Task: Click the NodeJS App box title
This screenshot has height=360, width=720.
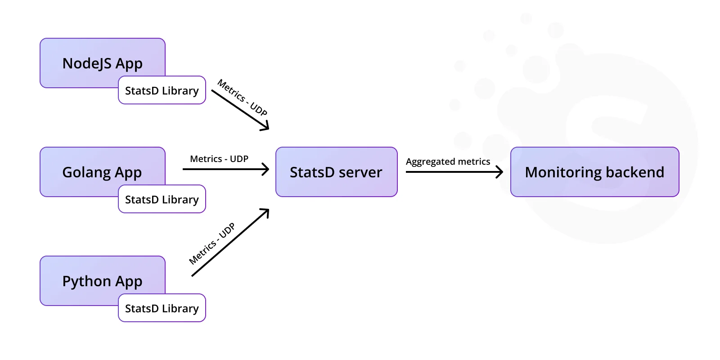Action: pyautogui.click(x=102, y=63)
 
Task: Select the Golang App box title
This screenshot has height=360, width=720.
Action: pyautogui.click(x=102, y=173)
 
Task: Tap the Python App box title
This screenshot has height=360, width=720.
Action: pyautogui.click(x=102, y=282)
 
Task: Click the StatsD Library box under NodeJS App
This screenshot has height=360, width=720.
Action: pyautogui.click(x=162, y=90)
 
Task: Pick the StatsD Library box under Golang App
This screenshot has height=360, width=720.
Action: pyautogui.click(x=162, y=199)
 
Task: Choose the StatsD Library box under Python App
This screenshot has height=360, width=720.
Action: pyautogui.click(x=162, y=308)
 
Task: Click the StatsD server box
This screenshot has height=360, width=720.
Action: pyautogui.click(x=337, y=172)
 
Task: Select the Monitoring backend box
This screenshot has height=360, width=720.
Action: pyautogui.click(x=594, y=172)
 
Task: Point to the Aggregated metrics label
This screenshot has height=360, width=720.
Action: pyautogui.click(x=448, y=162)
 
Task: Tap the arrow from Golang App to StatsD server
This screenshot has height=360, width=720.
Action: pyautogui.click(x=226, y=169)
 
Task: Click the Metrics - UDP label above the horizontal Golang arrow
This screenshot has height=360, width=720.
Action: pyautogui.click(x=219, y=159)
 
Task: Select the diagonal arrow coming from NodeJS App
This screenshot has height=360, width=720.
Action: pyautogui.click(x=240, y=110)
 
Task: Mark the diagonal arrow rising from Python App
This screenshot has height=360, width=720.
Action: pyautogui.click(x=230, y=243)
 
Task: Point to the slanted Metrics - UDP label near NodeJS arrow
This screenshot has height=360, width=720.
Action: pyautogui.click(x=243, y=97)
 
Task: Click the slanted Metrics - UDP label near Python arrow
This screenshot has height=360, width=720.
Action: pyautogui.click(x=212, y=243)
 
